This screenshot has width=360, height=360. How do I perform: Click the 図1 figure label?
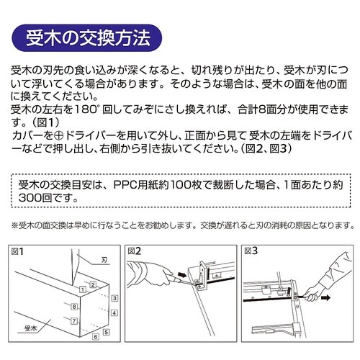[x=18, y=251]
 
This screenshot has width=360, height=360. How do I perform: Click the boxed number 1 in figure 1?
[x=84, y=289]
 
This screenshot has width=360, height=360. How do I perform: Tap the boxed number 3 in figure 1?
[x=115, y=297]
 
